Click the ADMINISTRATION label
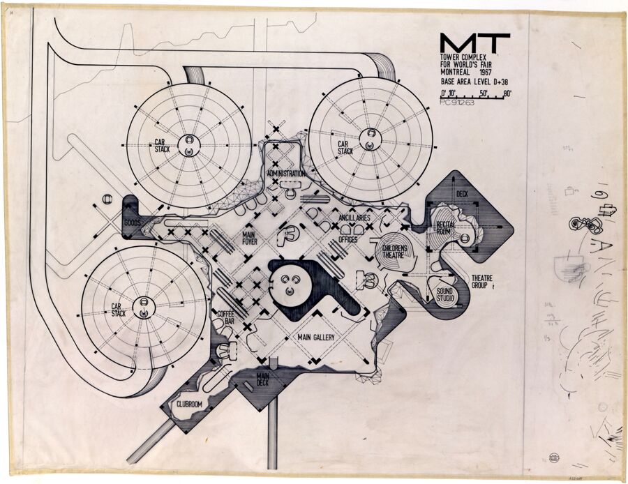[286, 174]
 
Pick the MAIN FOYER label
[249, 239]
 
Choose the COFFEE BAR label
[225, 317]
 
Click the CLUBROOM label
[188, 402]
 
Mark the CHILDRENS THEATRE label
[394, 250]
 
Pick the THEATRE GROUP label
[482, 281]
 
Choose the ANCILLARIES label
[359, 218]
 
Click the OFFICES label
[347, 239]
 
